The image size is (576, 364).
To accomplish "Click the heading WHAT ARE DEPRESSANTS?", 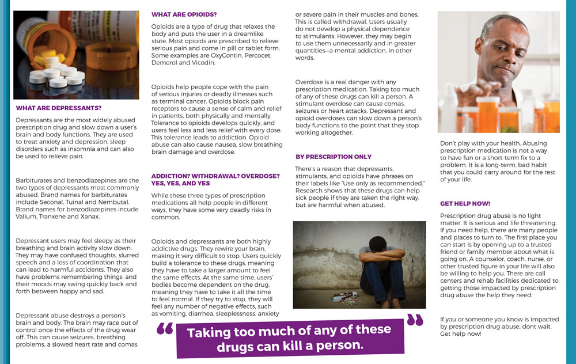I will (59, 108).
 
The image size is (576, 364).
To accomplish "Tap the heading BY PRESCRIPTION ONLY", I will (334, 157).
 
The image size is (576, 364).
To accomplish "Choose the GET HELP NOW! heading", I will (465, 203).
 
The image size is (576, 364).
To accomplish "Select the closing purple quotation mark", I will (415, 320).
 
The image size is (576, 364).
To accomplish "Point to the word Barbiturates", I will (36, 180).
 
